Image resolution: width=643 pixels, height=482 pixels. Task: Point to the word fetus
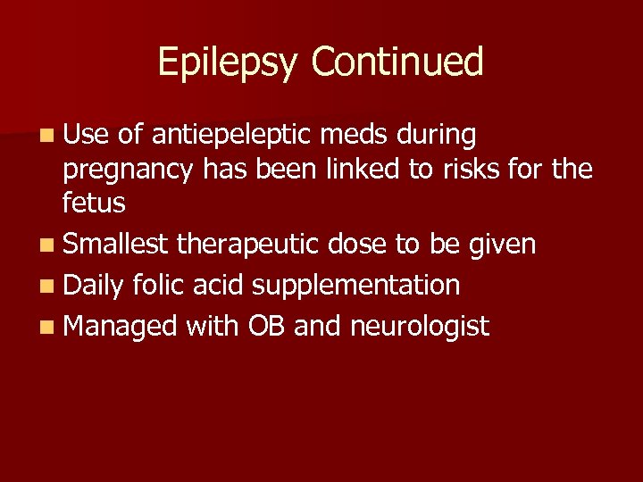pos(94,203)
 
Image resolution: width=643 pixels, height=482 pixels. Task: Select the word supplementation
pos(356,287)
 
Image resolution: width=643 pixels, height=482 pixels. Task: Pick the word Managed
pos(121,327)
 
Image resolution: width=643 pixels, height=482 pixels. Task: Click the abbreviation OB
pos(266,326)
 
